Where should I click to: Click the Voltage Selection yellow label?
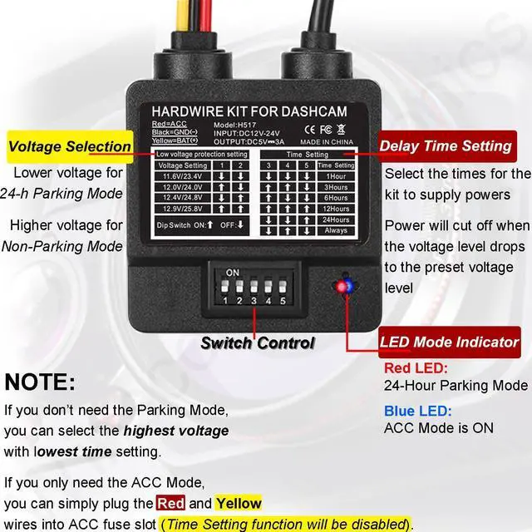(x=69, y=146)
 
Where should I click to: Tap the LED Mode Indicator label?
(x=449, y=342)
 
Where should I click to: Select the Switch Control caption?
(x=258, y=342)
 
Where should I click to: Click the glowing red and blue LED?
(x=342, y=287)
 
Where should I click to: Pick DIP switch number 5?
(x=283, y=288)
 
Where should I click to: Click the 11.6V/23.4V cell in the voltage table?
(x=183, y=176)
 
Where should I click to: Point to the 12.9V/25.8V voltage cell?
(x=183, y=209)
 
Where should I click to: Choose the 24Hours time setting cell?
(x=337, y=219)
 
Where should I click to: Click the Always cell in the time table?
(x=337, y=230)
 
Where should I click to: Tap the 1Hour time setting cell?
(x=337, y=176)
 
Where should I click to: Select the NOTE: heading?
(x=40, y=382)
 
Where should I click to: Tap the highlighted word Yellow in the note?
(x=238, y=503)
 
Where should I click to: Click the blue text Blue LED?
(x=418, y=411)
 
